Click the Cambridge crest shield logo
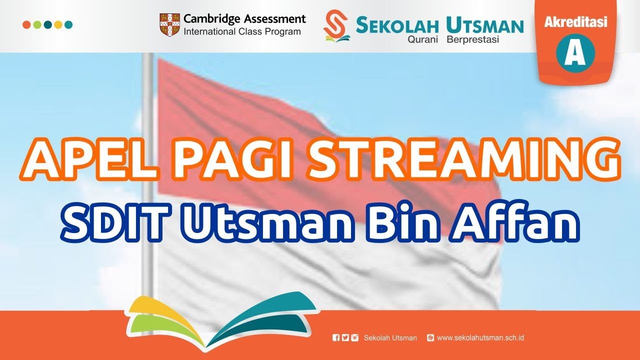click(169, 25)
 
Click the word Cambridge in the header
click(211, 19)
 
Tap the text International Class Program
click(242, 32)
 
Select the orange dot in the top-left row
click(26, 24)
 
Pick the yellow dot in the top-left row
click(58, 24)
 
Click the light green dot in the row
click(37, 24)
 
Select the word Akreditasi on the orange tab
click(575, 22)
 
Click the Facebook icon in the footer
click(336, 338)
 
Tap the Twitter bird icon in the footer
click(345, 338)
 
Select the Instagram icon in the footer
click(354, 338)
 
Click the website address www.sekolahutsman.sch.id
click(480, 338)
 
